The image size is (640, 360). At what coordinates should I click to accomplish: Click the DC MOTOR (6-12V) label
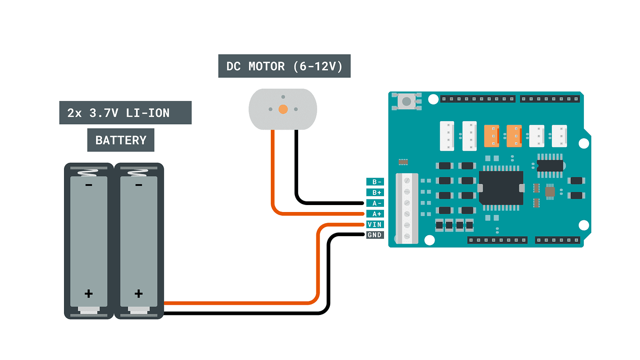point(284,66)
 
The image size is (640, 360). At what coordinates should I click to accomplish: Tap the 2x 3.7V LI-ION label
point(125,113)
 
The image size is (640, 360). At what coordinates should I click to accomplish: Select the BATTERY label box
point(121,140)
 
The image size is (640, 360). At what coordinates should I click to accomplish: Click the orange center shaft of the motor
point(282,109)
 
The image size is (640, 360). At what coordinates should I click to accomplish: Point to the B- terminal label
point(374,182)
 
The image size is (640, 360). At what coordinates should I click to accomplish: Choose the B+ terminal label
point(374,193)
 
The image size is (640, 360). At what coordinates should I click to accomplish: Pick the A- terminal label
point(374,203)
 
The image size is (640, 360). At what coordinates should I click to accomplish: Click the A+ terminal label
point(374,214)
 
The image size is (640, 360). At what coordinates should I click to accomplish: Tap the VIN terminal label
point(374,225)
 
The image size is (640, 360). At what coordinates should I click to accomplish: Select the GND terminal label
point(374,235)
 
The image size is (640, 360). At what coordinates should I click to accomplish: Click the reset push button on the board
point(407,101)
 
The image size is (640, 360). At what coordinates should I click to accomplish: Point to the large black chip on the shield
point(501,188)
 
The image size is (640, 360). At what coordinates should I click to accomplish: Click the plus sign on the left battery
point(89,294)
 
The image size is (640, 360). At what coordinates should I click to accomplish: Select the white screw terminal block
point(407,208)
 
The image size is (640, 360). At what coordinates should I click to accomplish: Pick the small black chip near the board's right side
point(550,166)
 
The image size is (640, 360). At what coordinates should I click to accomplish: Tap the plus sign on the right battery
point(138,294)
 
